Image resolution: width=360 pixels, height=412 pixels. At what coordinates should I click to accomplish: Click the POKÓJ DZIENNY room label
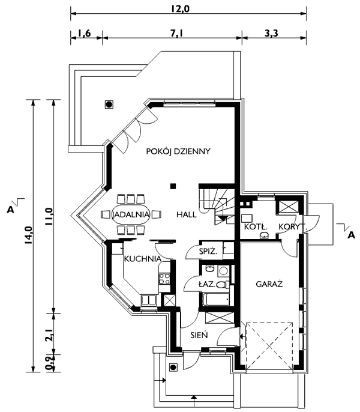178,151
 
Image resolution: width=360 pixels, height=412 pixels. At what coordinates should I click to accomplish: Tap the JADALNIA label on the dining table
131,214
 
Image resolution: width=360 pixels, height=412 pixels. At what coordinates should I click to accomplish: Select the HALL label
187,214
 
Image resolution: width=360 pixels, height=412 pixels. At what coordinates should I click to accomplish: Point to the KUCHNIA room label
143,259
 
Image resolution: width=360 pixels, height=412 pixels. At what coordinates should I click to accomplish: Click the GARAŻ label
269,283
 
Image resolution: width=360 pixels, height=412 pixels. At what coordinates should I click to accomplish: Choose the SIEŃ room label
199,335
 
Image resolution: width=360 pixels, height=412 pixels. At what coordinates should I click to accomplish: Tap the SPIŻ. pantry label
208,252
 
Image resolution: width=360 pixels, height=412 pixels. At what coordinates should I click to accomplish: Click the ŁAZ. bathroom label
207,284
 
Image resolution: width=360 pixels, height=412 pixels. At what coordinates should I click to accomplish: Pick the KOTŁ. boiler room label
256,227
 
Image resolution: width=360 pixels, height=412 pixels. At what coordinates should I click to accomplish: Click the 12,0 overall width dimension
180,8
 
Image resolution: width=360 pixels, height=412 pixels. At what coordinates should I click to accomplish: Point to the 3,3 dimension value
271,34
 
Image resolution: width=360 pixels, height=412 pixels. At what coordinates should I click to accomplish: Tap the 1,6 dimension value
85,34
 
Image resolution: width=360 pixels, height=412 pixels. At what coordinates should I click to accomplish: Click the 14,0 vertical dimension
28,235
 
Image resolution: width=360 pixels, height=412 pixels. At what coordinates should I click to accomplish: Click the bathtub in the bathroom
216,299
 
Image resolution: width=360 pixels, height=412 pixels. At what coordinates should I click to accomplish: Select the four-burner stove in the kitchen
164,279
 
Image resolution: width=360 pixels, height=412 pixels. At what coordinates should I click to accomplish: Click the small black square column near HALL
173,186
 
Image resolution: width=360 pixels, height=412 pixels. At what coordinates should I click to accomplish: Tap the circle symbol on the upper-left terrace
109,105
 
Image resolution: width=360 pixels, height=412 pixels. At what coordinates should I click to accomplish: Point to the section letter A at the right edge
351,235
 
